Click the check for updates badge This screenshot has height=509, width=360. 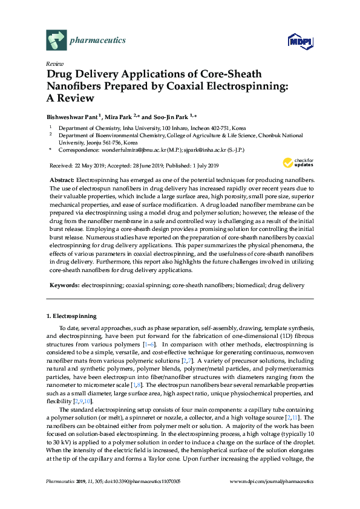[296, 163]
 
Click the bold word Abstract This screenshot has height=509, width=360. [61, 181]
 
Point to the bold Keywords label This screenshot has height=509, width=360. [63, 284]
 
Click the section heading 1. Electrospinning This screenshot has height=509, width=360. [70, 316]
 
